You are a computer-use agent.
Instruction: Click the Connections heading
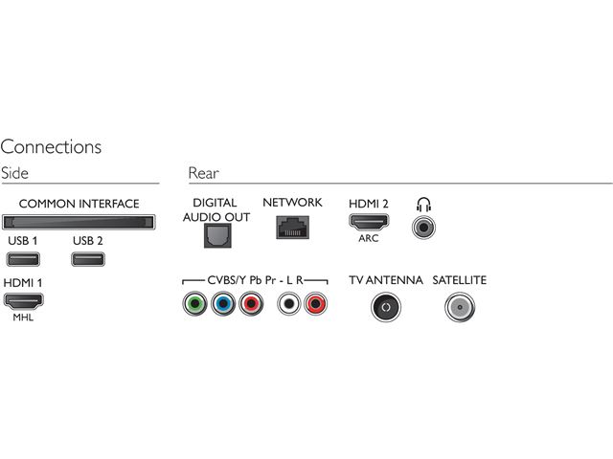51,147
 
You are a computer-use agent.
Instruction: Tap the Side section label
15,173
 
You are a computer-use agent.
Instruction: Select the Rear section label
203,173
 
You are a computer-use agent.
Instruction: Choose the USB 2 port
88,258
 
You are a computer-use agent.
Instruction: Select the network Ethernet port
291,227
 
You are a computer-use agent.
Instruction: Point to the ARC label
369,239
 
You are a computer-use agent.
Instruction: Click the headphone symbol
422,204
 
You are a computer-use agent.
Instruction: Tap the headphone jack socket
422,227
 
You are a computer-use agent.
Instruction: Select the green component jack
194,305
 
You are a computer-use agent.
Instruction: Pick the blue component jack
223,305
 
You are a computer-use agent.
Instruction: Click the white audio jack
287,305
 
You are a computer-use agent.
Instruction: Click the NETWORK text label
292,203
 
